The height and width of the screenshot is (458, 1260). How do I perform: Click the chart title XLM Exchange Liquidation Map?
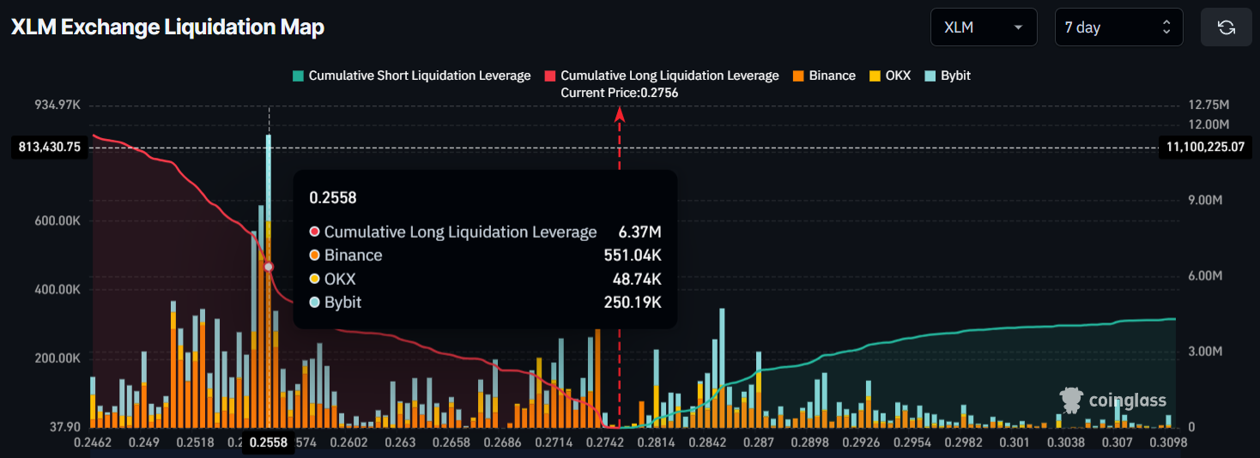click(167, 27)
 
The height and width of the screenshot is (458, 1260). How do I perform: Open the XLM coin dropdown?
click(983, 27)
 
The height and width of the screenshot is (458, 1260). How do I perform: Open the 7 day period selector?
click(1118, 27)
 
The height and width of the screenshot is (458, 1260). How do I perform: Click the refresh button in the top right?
click(1226, 27)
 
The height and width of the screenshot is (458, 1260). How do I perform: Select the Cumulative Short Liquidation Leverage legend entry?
click(411, 75)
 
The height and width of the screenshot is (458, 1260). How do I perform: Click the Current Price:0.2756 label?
click(619, 93)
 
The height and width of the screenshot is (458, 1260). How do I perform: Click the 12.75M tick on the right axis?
click(1209, 105)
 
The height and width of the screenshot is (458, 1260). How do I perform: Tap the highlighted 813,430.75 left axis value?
click(50, 147)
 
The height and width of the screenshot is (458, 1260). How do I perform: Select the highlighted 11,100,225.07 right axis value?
click(1205, 147)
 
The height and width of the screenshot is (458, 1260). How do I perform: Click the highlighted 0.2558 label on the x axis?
click(269, 443)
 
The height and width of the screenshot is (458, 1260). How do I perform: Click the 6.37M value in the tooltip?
click(639, 232)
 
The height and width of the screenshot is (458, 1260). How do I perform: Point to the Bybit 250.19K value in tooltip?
click(633, 302)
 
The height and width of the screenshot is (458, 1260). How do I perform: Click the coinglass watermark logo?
click(1113, 401)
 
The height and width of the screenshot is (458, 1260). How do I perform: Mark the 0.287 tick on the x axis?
click(759, 443)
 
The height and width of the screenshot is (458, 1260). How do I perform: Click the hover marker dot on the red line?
click(269, 268)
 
